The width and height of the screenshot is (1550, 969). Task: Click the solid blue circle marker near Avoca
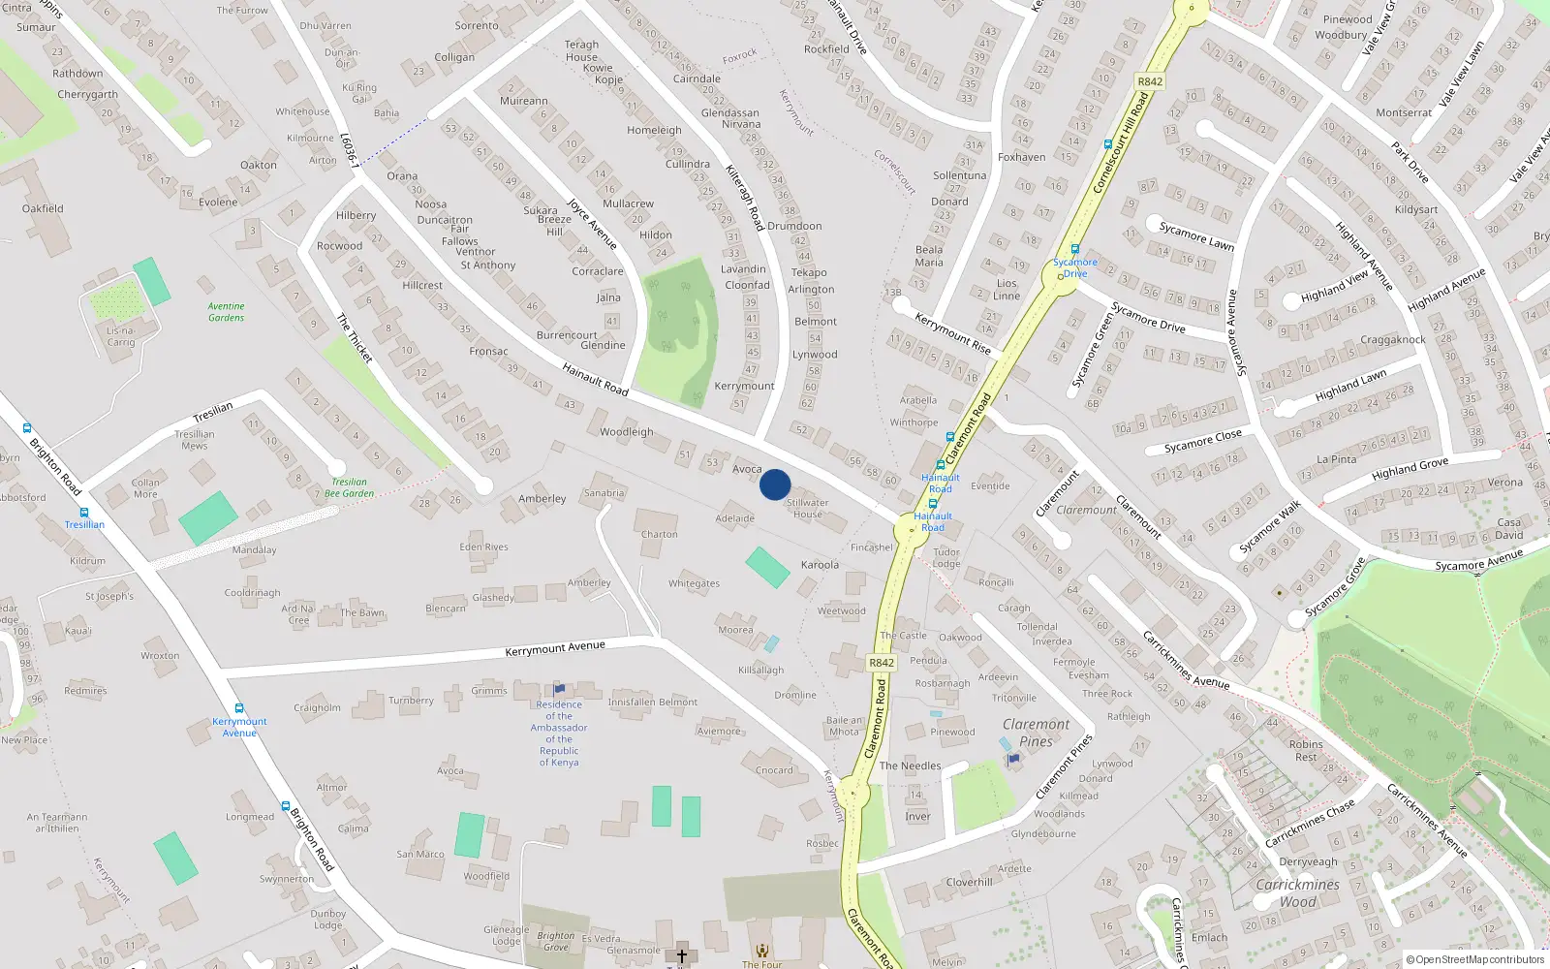coord(775,484)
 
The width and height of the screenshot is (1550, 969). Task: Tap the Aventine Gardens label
coord(226,312)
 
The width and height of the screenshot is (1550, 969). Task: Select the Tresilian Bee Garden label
coord(349,487)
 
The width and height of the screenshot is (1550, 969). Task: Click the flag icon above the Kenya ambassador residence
coord(559,689)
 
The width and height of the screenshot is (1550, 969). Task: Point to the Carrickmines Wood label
coord(1297,892)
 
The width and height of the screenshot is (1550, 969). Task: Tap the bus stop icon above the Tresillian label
coord(84,513)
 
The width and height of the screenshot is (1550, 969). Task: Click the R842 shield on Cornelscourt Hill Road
coord(1150,81)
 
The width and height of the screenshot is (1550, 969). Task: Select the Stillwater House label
coord(807,508)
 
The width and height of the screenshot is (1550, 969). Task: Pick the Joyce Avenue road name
coord(592,224)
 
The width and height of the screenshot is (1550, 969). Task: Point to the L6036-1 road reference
coord(350,150)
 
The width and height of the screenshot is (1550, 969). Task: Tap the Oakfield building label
coord(43,208)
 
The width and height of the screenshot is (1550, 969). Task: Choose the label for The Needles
coord(910,766)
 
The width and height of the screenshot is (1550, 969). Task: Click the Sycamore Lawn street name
coord(1196,235)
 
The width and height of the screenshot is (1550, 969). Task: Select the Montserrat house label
coord(1404,112)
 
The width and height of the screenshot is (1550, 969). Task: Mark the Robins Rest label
coord(1306,751)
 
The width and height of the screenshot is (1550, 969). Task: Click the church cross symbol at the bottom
coord(681,955)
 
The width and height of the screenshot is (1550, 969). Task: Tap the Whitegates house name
coord(694,583)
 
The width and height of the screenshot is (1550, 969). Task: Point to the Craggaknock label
coord(1392,340)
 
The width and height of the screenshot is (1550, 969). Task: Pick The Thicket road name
coord(355,337)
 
